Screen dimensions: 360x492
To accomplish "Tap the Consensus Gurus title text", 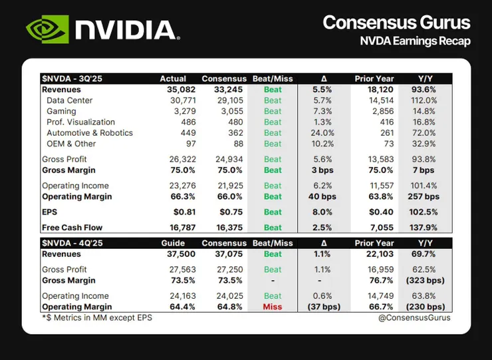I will tap(396, 23).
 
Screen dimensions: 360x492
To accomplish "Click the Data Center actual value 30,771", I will tap(173, 100).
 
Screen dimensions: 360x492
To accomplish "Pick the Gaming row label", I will tap(61, 111).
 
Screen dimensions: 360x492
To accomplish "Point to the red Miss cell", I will tap(273, 307).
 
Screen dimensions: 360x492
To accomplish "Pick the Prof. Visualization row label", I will tap(80, 122).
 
